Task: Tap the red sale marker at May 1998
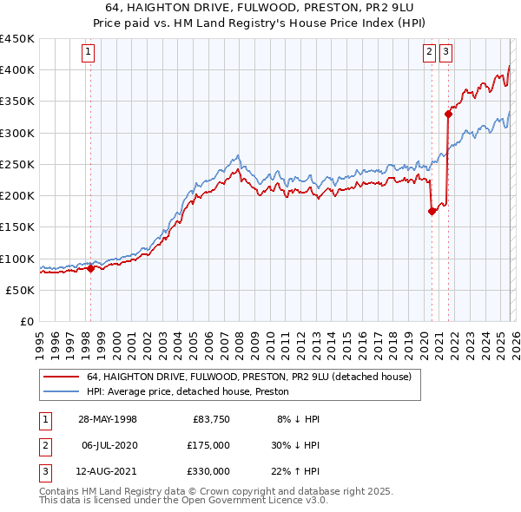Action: click(90, 269)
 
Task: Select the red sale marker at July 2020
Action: click(432, 211)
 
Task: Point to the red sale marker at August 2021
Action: click(449, 113)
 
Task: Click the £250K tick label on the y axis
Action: click(16, 164)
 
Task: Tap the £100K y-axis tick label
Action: click(16, 259)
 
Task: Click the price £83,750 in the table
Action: click(208, 419)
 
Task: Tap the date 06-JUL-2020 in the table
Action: click(109, 445)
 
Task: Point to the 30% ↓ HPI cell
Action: click(296, 445)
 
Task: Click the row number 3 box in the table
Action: click(43, 471)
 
